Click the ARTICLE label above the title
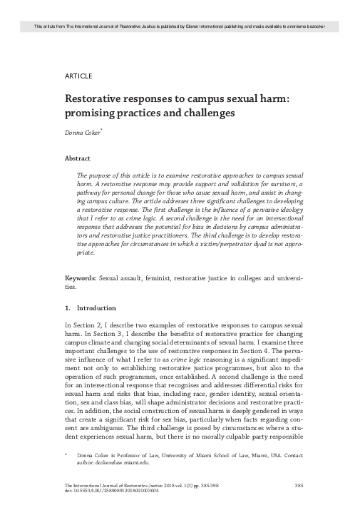tap(78, 75)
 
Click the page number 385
tap(299, 506)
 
